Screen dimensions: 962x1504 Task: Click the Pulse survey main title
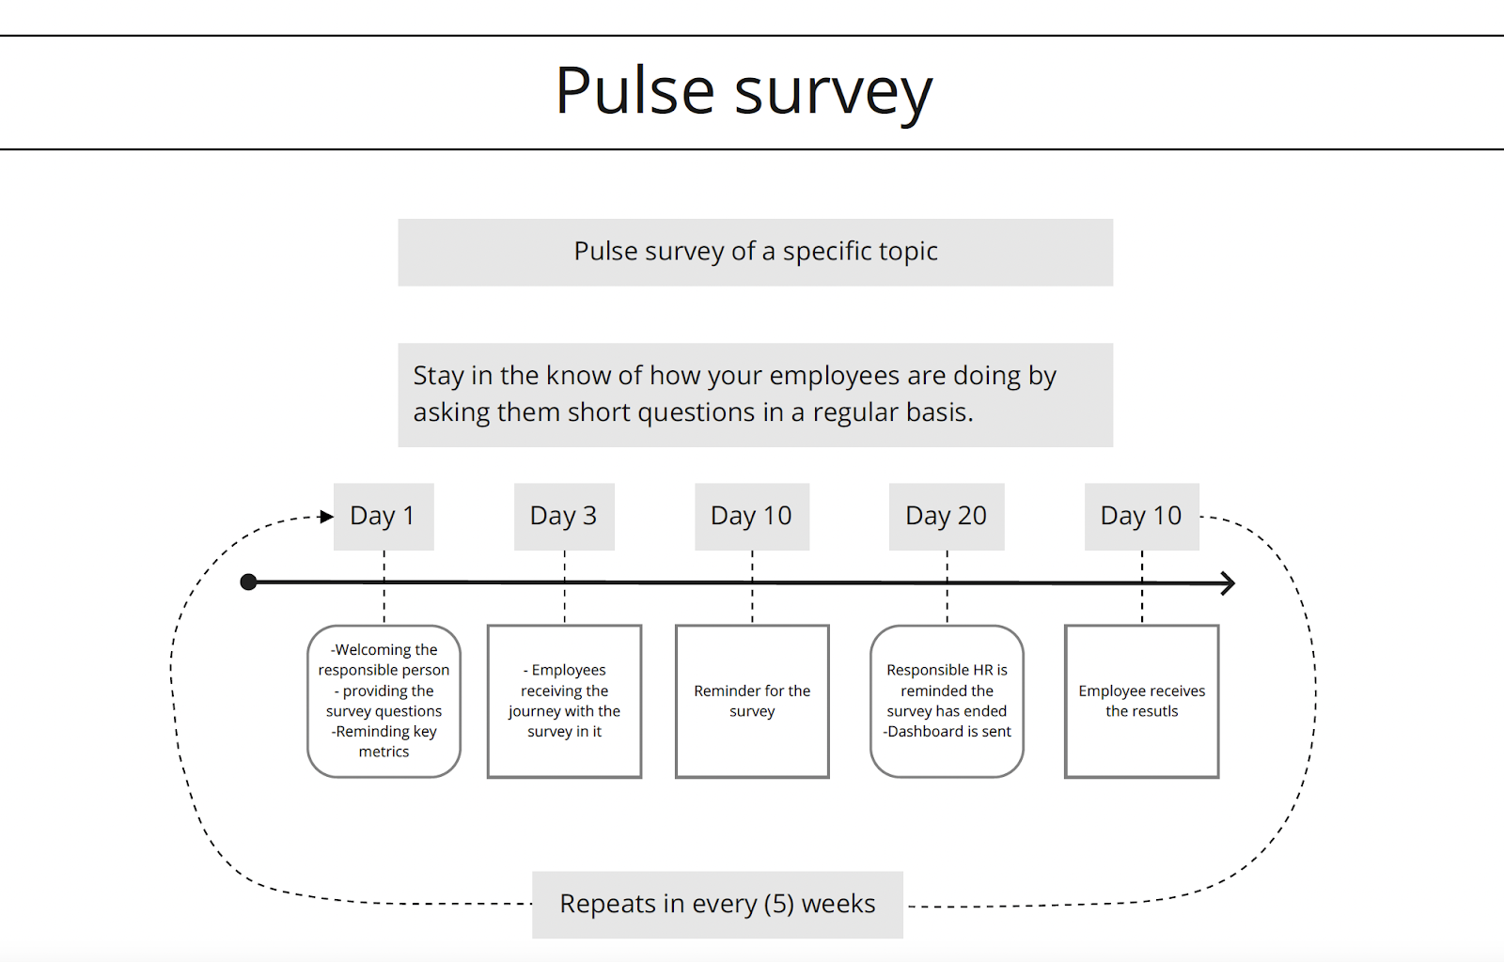click(744, 92)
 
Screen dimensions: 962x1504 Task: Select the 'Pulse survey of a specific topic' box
click(755, 252)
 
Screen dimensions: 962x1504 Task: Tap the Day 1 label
click(383, 516)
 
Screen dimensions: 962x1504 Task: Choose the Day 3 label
click(563, 516)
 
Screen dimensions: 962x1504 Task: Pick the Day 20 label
click(946, 516)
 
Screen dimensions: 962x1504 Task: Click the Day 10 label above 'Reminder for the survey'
click(751, 516)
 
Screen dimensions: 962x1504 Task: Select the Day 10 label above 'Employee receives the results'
click(1140, 516)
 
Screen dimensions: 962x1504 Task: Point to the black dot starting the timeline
click(249, 582)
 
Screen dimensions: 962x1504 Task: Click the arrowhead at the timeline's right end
click(1228, 583)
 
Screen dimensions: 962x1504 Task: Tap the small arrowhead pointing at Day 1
click(326, 517)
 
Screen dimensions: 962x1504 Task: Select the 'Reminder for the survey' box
click(752, 701)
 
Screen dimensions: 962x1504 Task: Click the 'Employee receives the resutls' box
click(1141, 701)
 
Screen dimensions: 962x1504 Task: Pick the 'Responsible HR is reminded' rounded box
click(947, 701)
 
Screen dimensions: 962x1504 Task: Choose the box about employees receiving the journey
click(564, 701)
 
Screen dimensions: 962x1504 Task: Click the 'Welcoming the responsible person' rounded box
click(384, 701)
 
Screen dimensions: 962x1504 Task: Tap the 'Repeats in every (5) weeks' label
click(717, 904)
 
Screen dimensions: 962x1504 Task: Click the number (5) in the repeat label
click(779, 904)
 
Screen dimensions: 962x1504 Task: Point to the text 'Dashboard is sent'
click(949, 732)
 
